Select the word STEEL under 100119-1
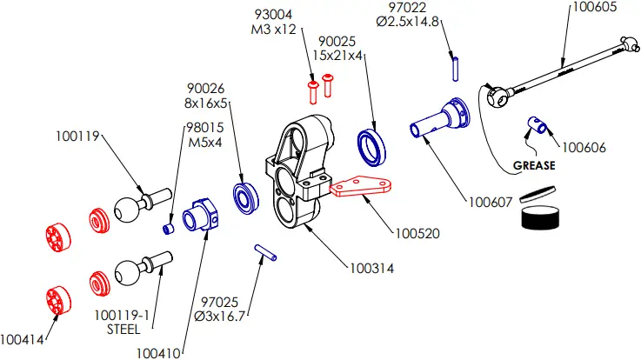point(123,330)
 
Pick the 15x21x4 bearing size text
point(341,56)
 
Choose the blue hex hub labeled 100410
point(202,215)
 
